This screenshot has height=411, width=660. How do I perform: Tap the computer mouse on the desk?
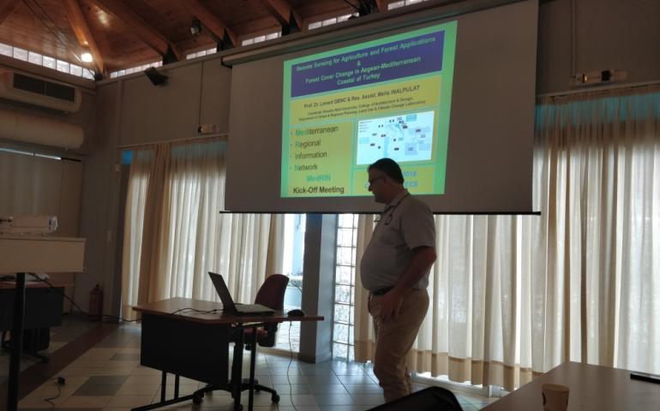[x=295, y=313]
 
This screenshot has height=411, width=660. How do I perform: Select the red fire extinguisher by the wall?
[x=96, y=301]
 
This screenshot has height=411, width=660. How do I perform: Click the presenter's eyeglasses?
[x=375, y=180]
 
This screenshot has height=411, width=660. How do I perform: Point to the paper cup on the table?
[x=555, y=396]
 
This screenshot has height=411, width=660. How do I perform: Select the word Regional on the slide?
[x=314, y=144]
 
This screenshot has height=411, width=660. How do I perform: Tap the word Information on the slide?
[x=316, y=156]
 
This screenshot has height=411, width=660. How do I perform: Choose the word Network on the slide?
[x=310, y=168]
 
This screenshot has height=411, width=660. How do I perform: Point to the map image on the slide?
[x=394, y=137]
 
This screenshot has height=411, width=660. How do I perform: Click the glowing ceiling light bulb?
[x=86, y=57]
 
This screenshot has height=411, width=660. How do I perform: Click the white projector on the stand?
[x=27, y=224]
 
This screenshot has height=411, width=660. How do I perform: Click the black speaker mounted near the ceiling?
[x=156, y=76]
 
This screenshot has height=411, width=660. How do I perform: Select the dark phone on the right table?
[x=645, y=377]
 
